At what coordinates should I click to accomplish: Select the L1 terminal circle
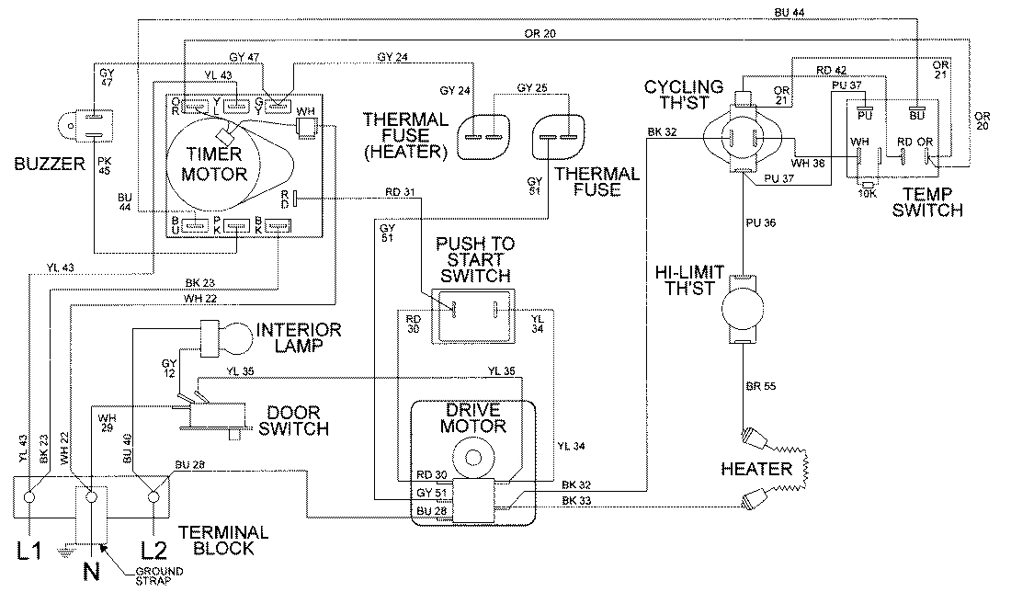tap(29, 497)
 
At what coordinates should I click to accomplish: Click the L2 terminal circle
tap(152, 497)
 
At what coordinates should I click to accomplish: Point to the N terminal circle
tap(91, 497)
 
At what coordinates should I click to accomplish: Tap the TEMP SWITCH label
tap(930, 202)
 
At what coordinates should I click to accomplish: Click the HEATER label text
tap(756, 470)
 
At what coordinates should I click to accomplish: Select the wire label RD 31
tap(401, 191)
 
